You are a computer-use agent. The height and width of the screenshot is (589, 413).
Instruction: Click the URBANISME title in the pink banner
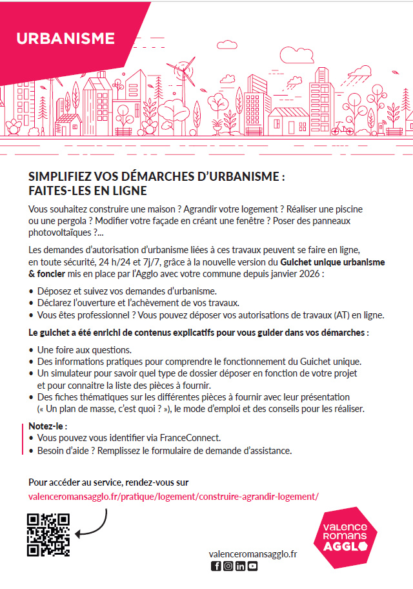pyautogui.click(x=65, y=38)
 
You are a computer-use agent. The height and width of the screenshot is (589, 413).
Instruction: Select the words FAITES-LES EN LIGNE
pyautogui.click(x=88, y=191)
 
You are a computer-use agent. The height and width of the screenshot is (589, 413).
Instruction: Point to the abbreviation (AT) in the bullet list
pyautogui.click(x=342, y=315)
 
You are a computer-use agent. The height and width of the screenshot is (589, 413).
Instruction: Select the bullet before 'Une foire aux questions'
pyautogui.click(x=32, y=349)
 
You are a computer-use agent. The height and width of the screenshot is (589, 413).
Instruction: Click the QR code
pyautogui.click(x=48, y=534)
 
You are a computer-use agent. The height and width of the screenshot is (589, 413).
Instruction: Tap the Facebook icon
pyautogui.click(x=216, y=566)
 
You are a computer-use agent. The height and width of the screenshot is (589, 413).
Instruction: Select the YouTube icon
pyautogui.click(x=252, y=566)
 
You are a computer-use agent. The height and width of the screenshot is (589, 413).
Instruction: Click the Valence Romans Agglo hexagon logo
pyautogui.click(x=349, y=537)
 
